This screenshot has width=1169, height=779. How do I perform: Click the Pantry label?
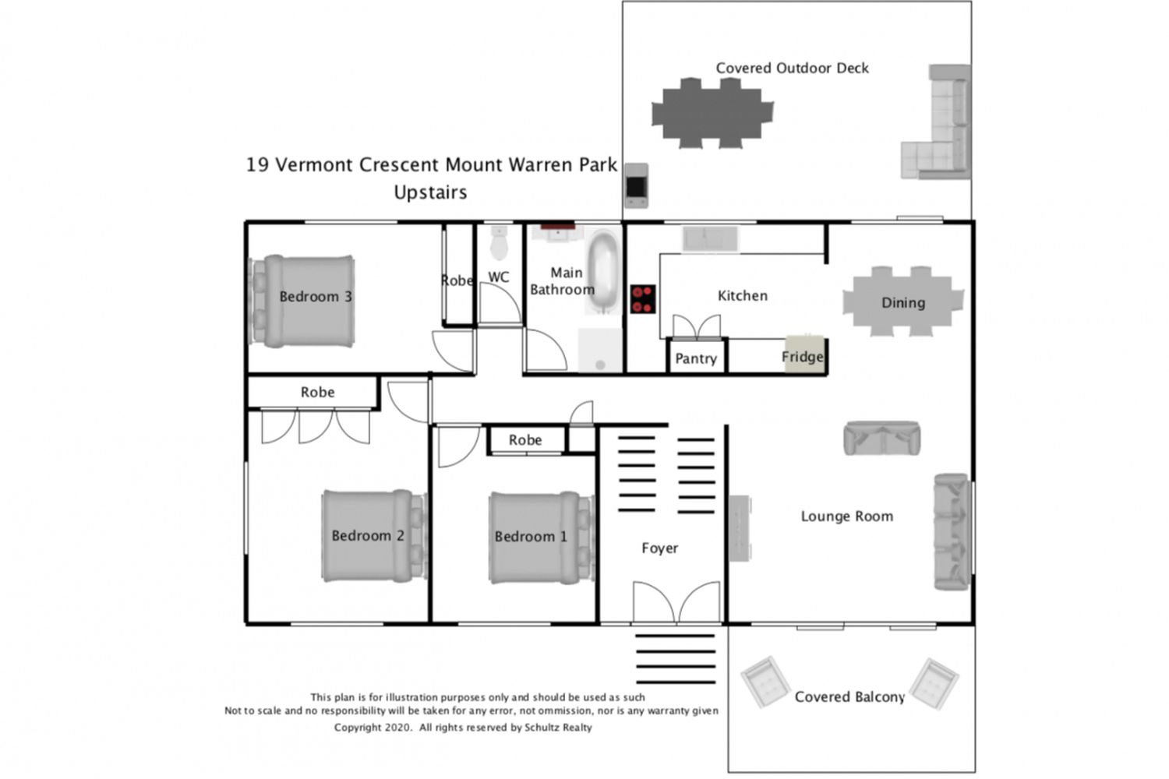[x=696, y=358]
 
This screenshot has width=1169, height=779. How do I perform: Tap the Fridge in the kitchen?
[x=804, y=354]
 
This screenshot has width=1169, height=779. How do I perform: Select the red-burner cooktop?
[x=642, y=299]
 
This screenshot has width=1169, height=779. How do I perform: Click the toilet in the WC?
[x=499, y=242]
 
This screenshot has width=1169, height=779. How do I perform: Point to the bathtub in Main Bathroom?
[x=603, y=273]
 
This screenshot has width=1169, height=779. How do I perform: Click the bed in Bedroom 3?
[x=302, y=301]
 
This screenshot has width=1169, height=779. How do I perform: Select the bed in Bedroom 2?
[x=374, y=536]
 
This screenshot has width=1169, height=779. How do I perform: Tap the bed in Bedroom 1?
[x=542, y=538]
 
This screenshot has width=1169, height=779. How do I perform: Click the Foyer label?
[x=659, y=548]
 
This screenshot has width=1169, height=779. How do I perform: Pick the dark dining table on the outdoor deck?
[x=712, y=113]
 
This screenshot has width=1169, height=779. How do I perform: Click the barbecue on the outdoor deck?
[x=636, y=185]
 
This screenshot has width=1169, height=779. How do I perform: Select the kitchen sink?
[x=710, y=238]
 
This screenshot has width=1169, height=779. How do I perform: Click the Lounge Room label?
[x=846, y=516]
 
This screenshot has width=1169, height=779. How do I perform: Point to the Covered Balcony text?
[x=849, y=697]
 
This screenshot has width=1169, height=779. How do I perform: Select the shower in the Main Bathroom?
[x=600, y=350]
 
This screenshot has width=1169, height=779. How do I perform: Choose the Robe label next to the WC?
[x=457, y=280]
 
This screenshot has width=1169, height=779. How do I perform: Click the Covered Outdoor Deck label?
[x=793, y=68]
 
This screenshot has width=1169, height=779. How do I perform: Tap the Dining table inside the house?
[x=902, y=301]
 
